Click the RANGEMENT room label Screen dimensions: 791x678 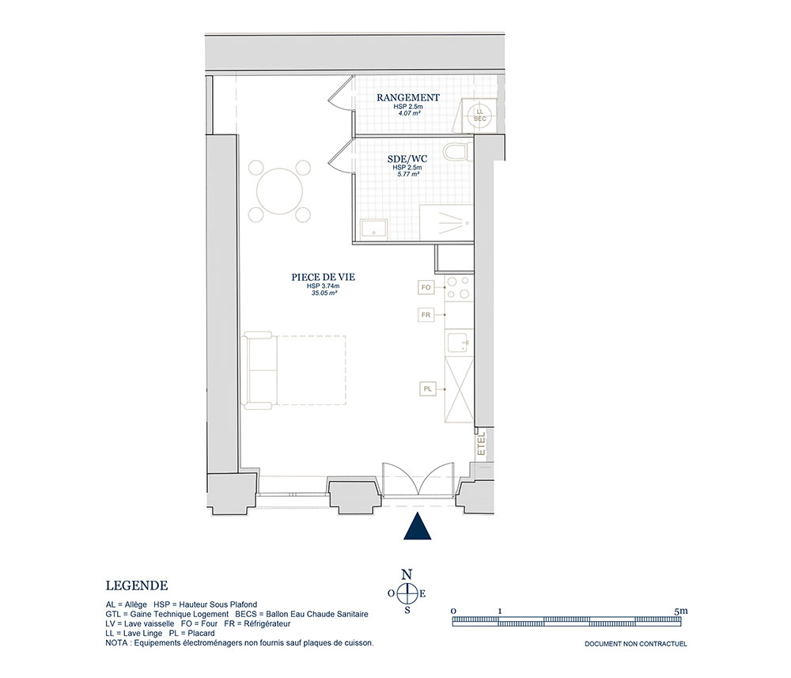[408, 97]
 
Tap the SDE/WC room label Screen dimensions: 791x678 [407, 159]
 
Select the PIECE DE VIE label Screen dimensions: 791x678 [324, 277]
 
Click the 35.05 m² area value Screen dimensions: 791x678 [324, 292]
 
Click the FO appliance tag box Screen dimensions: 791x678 [426, 287]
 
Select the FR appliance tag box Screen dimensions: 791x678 [426, 315]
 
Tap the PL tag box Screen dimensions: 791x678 [427, 389]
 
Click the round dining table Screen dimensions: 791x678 [280, 191]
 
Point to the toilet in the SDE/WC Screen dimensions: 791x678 [458, 151]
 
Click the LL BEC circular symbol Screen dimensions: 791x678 [480, 115]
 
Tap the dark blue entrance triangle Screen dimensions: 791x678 [417, 527]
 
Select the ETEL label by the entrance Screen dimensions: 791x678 [481, 444]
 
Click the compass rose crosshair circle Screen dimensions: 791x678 [407, 593]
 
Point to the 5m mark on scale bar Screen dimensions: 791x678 [680, 611]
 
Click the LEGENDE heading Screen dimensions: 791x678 [137, 585]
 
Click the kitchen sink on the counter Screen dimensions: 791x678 [459, 343]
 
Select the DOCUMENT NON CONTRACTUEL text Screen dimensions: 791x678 [636, 644]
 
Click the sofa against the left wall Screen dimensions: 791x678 [259, 369]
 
